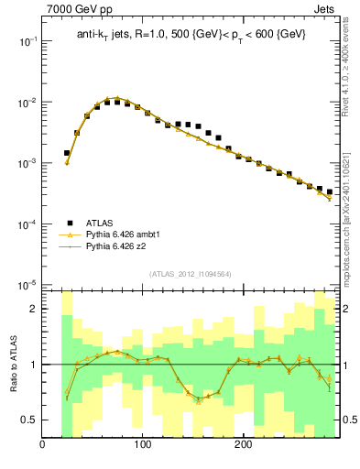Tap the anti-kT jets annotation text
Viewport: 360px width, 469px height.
tap(191, 34)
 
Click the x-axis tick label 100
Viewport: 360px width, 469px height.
tap(142, 446)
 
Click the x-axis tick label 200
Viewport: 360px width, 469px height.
tap(243, 446)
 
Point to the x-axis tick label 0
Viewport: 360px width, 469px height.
tap(42, 446)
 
